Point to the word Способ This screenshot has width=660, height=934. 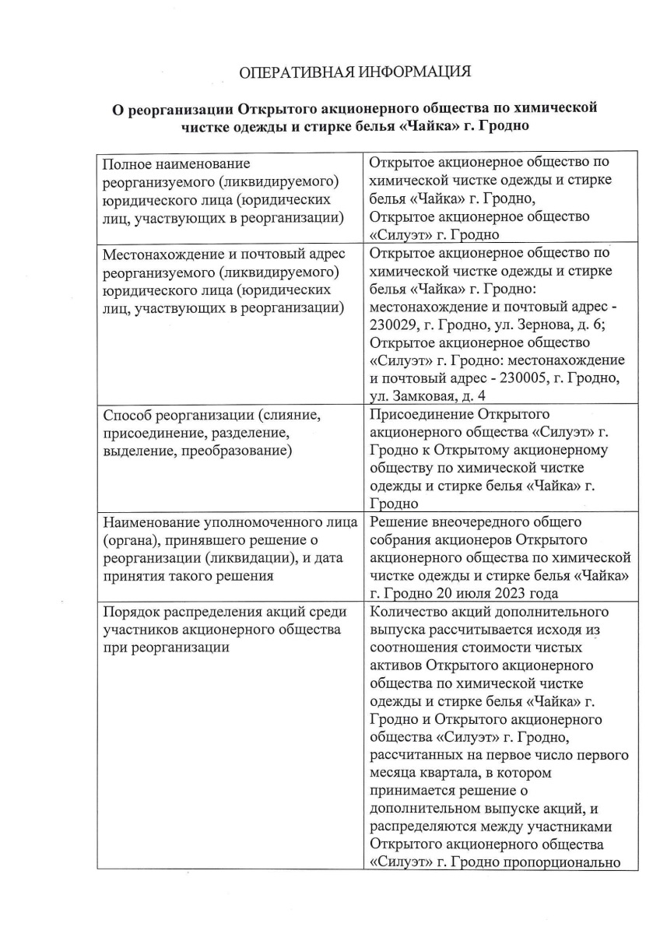pyautogui.click(x=128, y=415)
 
